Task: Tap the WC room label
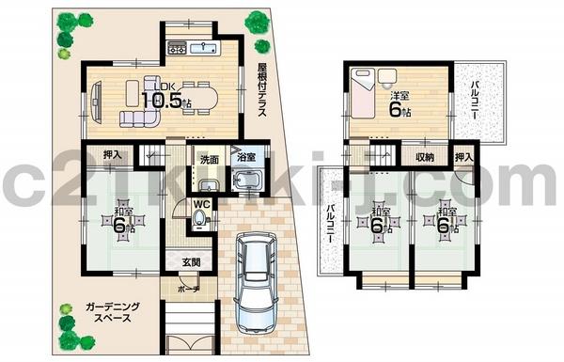(x=200, y=203)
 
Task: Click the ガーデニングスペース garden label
(x=106, y=313)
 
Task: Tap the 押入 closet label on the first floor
(x=111, y=156)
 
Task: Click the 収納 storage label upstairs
(x=425, y=156)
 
